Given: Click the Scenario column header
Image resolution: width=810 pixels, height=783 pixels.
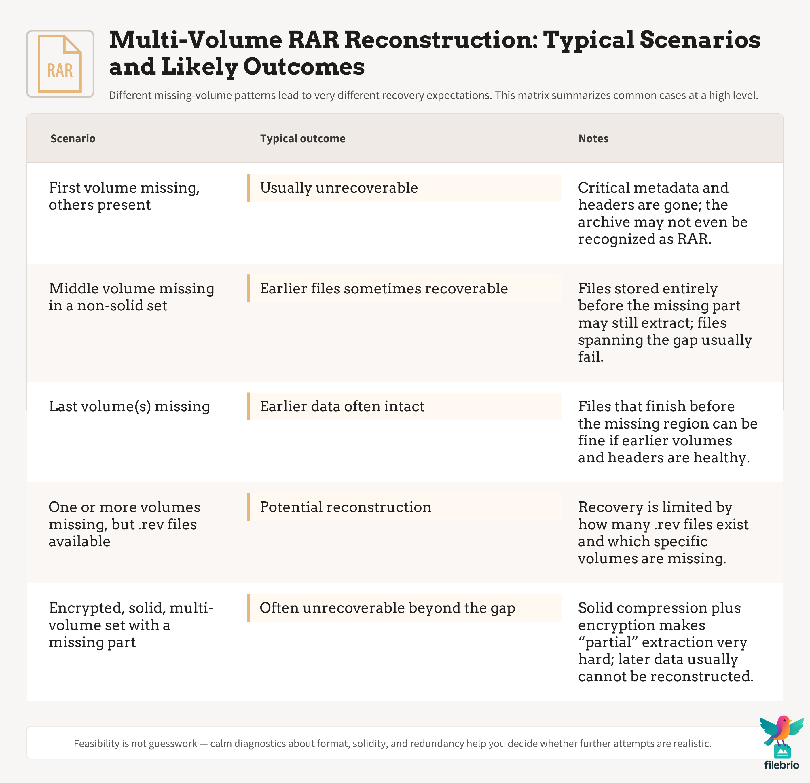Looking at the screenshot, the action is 73,139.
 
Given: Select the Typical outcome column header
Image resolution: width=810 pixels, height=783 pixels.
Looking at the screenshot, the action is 303,139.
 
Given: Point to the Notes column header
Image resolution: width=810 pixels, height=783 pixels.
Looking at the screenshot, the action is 593,139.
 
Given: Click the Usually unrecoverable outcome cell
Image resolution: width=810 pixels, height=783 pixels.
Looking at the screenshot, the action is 404,187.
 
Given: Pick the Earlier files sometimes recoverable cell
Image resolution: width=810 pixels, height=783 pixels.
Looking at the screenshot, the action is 404,289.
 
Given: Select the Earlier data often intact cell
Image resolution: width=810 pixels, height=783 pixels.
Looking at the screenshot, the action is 404,406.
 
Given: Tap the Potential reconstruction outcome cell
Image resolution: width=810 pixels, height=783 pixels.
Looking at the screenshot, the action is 404,507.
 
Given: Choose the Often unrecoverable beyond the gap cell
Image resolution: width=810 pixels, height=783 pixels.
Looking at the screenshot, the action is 404,608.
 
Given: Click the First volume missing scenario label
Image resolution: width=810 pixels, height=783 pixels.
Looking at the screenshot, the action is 124,196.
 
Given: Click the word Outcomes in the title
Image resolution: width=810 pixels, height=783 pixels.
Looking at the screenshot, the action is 304,67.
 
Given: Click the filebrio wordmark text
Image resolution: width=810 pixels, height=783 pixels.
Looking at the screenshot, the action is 781,765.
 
